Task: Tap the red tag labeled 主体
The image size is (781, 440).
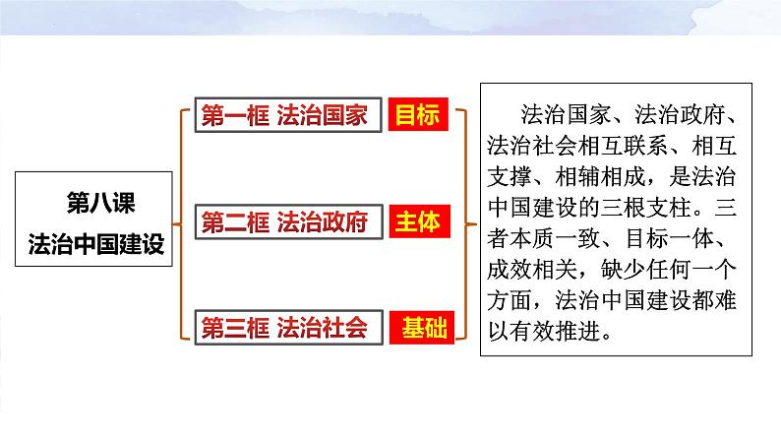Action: (417, 222)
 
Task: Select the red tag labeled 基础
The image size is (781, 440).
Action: (417, 328)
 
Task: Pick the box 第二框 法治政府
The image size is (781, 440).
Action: (284, 222)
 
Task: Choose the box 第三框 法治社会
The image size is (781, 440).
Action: (284, 328)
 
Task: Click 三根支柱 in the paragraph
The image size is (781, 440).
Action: (666, 209)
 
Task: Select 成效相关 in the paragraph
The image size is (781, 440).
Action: (536, 270)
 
